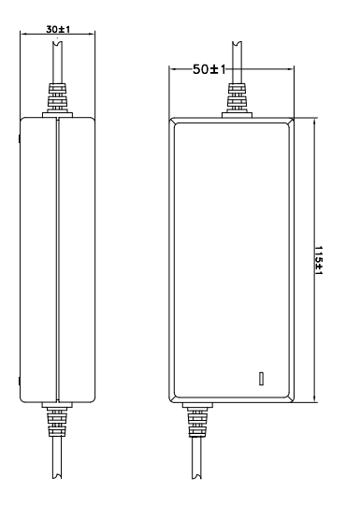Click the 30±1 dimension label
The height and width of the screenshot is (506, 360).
click(58, 29)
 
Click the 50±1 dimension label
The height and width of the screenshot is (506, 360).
click(209, 69)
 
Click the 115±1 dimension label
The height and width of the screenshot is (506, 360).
click(319, 260)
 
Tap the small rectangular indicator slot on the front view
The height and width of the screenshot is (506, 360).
click(261, 379)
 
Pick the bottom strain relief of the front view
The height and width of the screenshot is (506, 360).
click(197, 420)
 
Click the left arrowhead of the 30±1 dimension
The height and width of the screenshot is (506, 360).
click(23, 33)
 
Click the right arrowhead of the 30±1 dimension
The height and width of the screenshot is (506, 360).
click(92, 33)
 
